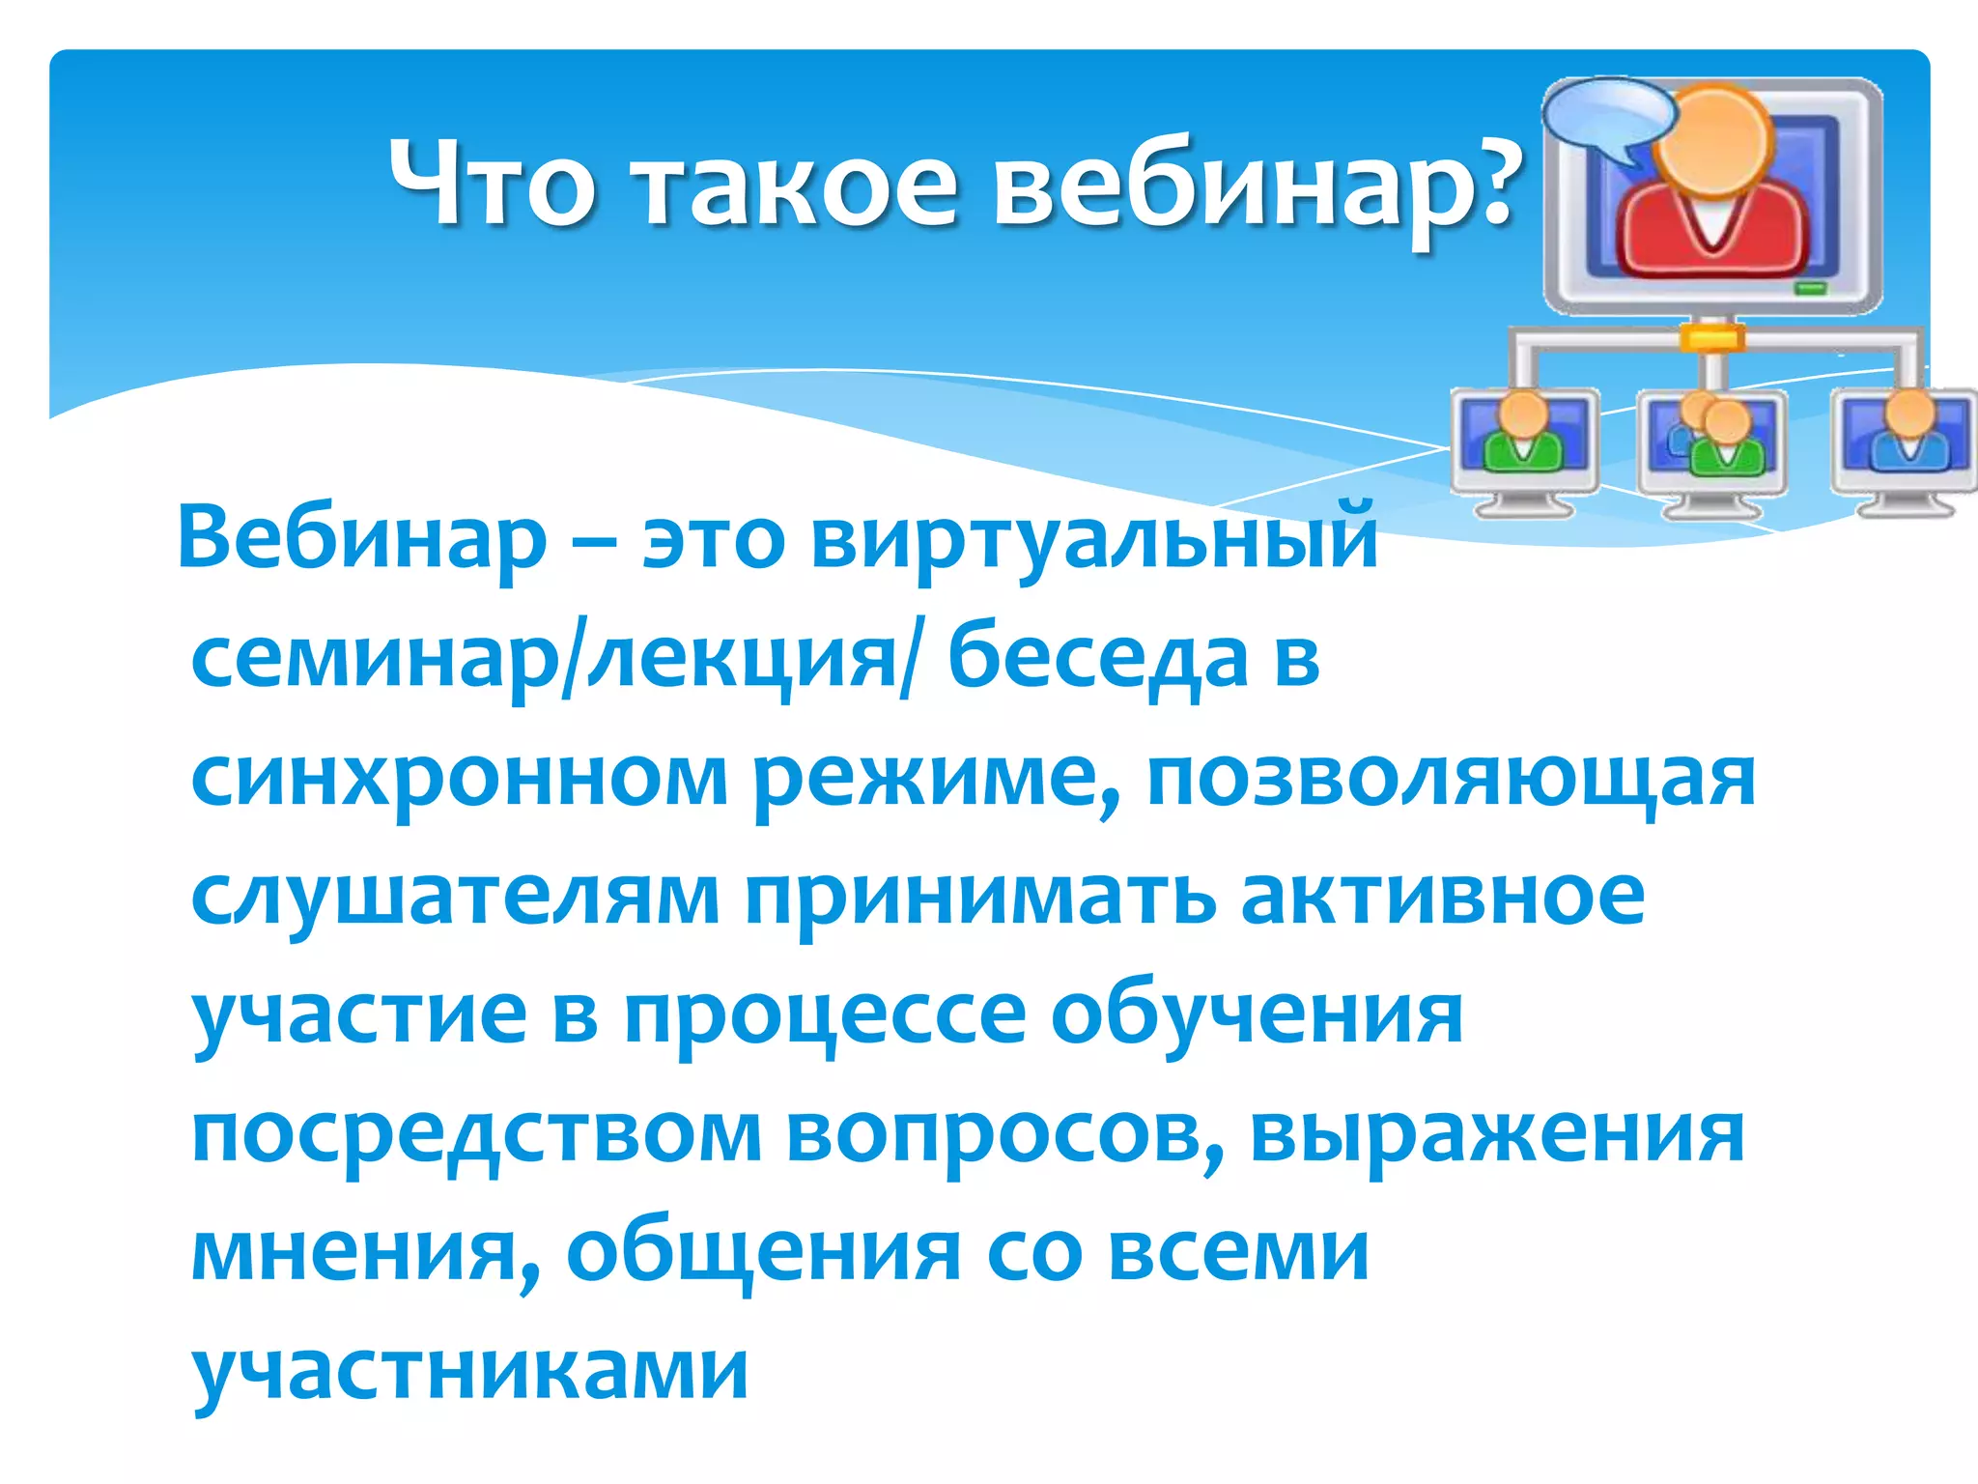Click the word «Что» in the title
tap(492, 182)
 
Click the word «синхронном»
tap(460, 779)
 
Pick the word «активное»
tap(1443, 897)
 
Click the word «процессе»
tap(826, 1016)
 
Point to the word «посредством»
tap(477, 1134)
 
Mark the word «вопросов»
tap(1005, 1134)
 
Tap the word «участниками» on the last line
tap(470, 1372)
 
